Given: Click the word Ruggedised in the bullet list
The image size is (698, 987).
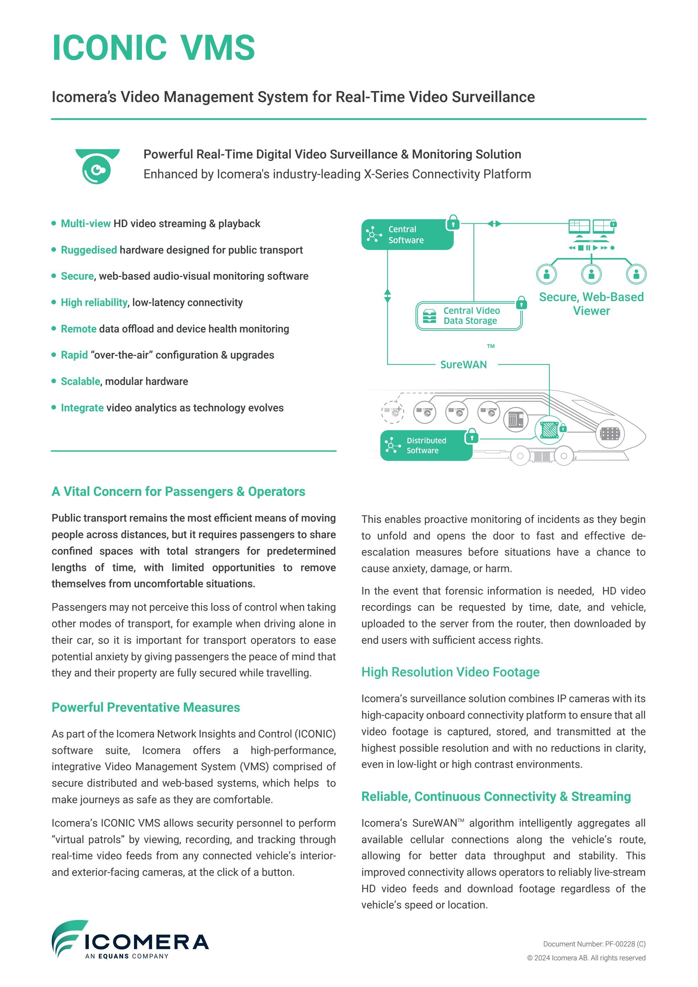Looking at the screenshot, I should tap(88, 250).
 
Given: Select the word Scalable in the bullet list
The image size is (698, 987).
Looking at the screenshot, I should tap(81, 381).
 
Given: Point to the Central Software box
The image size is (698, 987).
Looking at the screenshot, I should tap(407, 235).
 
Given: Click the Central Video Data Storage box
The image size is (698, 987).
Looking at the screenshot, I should tap(469, 316).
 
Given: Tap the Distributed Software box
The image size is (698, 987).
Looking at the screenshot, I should tap(425, 445).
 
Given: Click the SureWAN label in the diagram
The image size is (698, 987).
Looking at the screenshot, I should tap(463, 364).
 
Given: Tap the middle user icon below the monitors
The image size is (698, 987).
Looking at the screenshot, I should tap(591, 274).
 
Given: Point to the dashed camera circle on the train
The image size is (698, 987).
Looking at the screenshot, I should tap(392, 412).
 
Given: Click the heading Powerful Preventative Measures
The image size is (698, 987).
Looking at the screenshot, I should tap(146, 707).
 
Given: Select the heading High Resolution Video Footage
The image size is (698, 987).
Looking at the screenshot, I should tap(450, 672).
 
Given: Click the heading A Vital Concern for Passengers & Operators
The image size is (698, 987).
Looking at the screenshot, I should tap(178, 491).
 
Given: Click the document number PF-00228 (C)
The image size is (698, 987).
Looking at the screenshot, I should tap(594, 944).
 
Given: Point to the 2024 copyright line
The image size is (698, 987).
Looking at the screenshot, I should tap(586, 958).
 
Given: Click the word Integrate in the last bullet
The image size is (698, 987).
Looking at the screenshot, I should tap(82, 408).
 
